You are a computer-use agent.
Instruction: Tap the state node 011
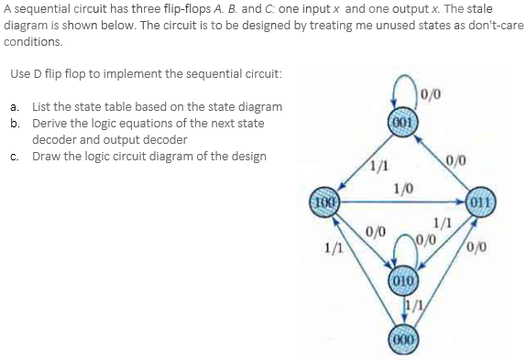pos(479,202)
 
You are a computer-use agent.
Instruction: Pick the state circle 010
pos(402,278)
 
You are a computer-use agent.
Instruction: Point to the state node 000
pos(402,336)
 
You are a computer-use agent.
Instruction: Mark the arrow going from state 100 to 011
pos(403,202)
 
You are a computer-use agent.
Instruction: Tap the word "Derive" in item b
pos(51,123)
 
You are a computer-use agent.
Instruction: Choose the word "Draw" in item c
pos(47,156)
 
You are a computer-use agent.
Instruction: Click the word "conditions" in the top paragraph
pos(34,41)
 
